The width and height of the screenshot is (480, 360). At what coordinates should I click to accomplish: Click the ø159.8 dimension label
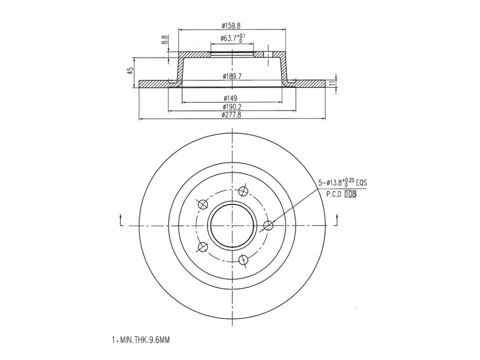(x=232, y=25)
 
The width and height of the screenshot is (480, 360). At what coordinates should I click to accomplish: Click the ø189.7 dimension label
(x=232, y=76)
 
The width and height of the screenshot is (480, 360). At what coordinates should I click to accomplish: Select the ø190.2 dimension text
(x=232, y=106)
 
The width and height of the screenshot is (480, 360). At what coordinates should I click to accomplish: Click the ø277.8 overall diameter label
(x=232, y=115)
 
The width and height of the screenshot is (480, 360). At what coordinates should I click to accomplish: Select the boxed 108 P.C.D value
(x=350, y=195)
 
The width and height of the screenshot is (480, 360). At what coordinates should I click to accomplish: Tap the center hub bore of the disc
(x=232, y=225)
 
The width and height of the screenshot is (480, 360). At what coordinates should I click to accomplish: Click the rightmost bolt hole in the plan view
(x=268, y=225)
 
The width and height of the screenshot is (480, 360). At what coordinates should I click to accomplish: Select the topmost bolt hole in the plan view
(x=243, y=191)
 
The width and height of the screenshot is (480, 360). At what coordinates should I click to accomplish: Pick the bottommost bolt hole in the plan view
(x=243, y=259)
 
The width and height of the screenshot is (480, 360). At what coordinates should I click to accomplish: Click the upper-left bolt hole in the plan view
(x=203, y=204)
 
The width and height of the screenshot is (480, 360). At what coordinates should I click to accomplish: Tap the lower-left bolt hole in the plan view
(x=203, y=246)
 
